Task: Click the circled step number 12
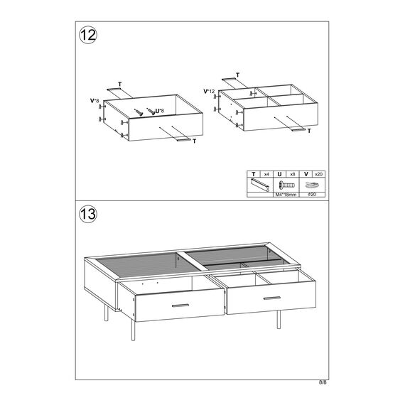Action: click(88, 35)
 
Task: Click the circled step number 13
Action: click(88, 214)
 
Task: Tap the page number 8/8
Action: click(323, 382)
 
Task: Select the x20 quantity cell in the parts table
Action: click(319, 174)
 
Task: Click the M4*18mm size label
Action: click(286, 195)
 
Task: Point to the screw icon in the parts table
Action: click(286, 185)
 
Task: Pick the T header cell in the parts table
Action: click(254, 174)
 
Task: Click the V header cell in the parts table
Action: click(306, 174)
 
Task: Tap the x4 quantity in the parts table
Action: click(266, 174)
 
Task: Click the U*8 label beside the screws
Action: click(160, 111)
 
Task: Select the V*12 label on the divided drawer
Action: click(209, 92)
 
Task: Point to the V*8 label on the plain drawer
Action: click(94, 101)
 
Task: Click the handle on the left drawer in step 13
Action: click(180, 306)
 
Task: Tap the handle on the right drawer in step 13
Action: click(271, 298)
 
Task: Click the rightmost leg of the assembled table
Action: click(279, 320)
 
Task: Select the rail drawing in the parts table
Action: click(260, 185)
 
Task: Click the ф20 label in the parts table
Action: click(312, 195)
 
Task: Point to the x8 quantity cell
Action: click(293, 174)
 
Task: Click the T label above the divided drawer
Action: click(237, 75)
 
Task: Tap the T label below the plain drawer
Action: click(194, 141)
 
